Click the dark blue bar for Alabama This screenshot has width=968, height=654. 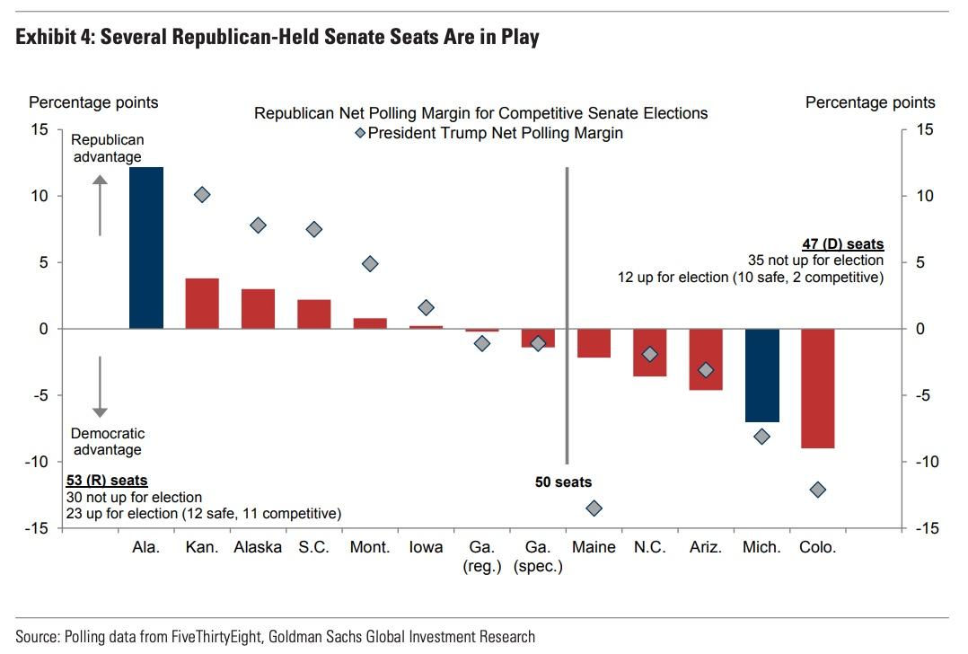click(146, 247)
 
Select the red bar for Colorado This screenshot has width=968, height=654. click(818, 388)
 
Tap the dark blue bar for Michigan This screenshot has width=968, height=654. click(762, 375)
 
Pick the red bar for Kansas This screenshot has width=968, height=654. click(202, 304)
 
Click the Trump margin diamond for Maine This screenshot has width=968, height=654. click(594, 508)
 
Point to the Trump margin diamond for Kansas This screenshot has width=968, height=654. click(202, 194)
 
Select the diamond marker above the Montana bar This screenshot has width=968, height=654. click(370, 263)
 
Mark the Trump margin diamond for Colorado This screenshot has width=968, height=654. click(818, 490)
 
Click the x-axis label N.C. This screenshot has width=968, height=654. click(649, 547)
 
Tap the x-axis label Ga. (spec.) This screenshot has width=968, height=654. click(537, 557)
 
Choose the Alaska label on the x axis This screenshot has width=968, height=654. click(258, 547)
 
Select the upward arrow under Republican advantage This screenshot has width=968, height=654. click(101, 206)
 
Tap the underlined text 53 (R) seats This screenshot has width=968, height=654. click(107, 481)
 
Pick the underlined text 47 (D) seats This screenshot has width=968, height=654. click(842, 244)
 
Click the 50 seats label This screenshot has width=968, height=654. click(564, 482)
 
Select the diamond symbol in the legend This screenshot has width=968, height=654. click(359, 133)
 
